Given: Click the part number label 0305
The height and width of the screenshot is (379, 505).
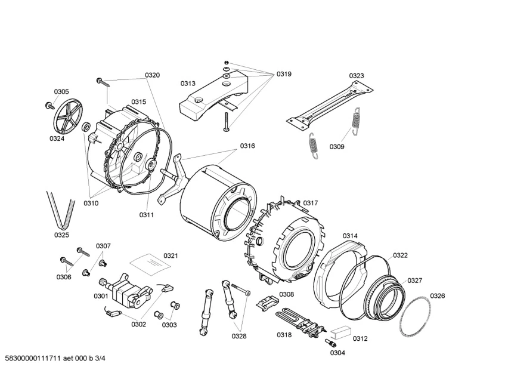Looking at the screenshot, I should (x=61, y=91).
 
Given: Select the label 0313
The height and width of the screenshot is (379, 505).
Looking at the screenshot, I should (x=188, y=84).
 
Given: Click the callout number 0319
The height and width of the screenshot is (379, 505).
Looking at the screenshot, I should (x=283, y=74).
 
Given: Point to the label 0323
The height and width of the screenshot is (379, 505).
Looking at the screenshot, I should (x=357, y=76).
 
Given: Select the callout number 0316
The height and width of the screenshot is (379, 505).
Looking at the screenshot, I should (x=247, y=146).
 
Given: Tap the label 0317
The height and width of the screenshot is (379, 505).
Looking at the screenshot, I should (x=310, y=203).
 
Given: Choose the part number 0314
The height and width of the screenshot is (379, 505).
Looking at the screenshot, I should (x=350, y=236).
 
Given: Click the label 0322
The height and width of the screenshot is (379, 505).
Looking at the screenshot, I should (x=400, y=255).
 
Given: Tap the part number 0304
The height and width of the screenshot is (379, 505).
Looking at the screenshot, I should (x=337, y=352).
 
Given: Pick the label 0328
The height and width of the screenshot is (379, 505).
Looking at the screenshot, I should (x=239, y=336).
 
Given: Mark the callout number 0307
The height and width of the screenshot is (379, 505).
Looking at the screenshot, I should (x=103, y=246).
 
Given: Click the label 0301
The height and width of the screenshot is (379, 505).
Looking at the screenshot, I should (x=101, y=296).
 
